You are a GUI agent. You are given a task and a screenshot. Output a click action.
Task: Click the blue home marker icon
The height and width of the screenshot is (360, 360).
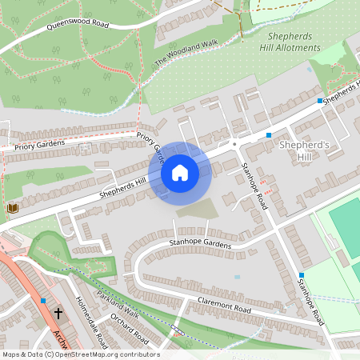tap(180, 173)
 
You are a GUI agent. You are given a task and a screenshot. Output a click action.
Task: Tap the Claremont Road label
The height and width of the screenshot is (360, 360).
tap(224, 308)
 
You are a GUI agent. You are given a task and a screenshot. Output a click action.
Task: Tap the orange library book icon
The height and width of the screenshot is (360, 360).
tap(12, 208)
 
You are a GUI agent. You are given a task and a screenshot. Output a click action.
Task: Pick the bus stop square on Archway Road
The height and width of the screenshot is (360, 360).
tap(42, 301)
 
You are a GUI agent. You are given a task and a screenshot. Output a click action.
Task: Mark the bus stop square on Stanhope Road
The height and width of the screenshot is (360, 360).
tap(302, 275)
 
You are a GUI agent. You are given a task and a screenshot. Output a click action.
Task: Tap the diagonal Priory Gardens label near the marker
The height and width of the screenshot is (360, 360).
tap(150, 145)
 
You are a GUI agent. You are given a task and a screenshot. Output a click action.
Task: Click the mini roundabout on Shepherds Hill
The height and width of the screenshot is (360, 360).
tap(234, 144)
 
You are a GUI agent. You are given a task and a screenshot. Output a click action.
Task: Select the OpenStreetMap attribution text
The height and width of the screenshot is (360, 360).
tap(81, 354)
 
